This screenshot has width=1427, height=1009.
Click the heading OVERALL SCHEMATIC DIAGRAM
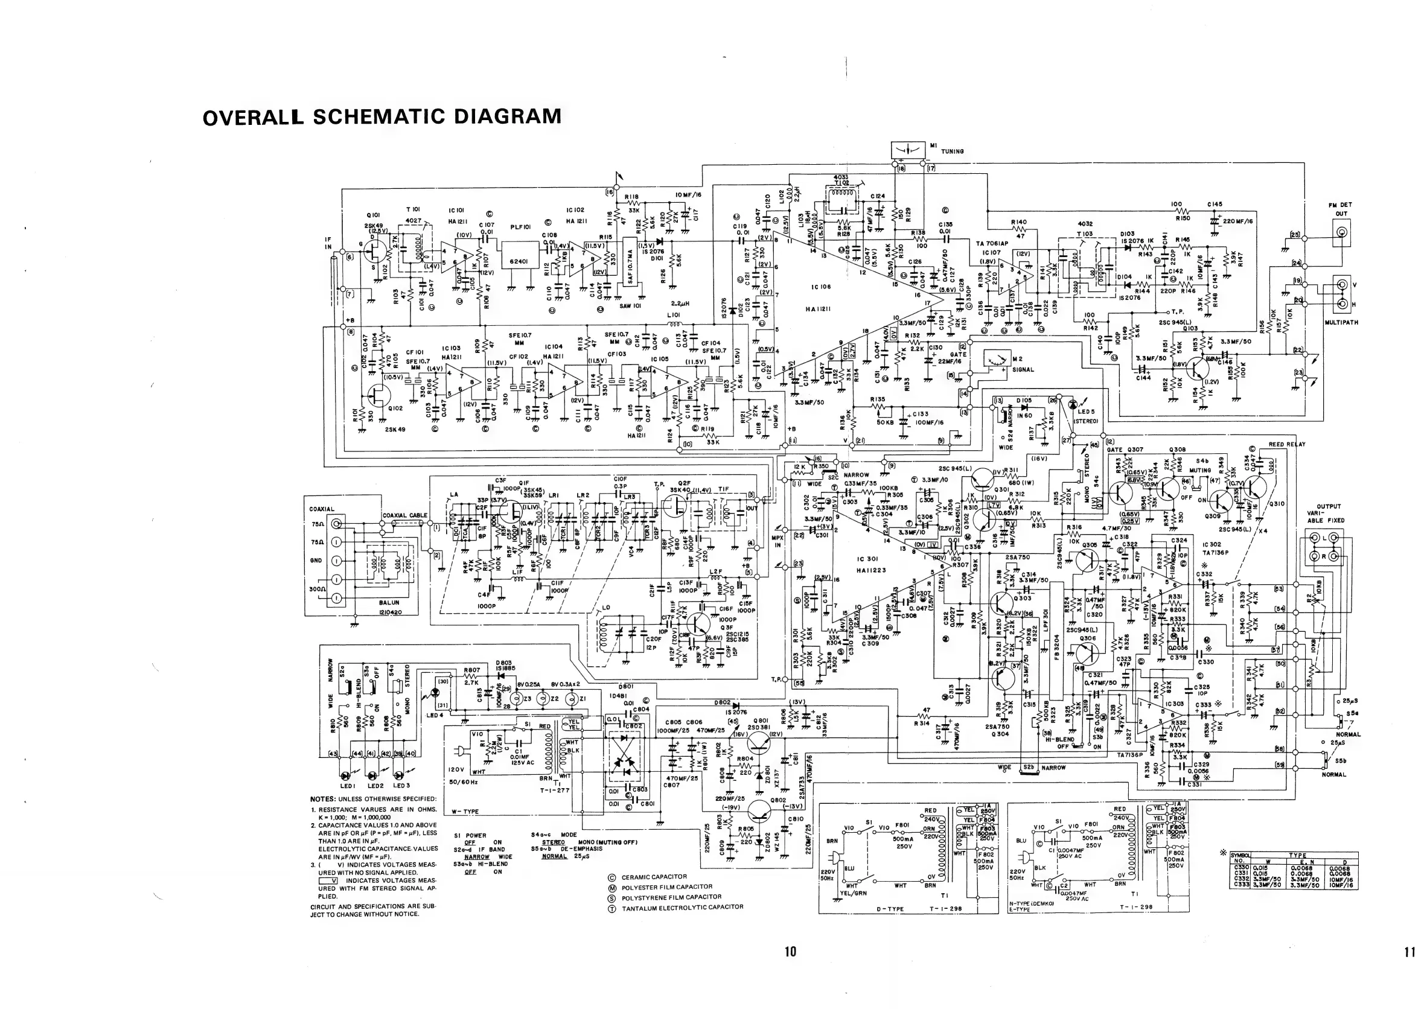pos(381,117)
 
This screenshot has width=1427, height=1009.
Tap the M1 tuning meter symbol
pos(908,151)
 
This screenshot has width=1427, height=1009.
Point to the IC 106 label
pos(820,287)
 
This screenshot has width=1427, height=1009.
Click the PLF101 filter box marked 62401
pos(519,262)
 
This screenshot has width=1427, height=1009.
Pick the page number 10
pos(790,951)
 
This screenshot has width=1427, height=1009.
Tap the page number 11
pos(1409,952)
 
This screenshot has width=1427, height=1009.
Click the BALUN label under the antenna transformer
pos(389,603)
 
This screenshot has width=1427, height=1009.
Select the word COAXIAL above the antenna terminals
pos(321,509)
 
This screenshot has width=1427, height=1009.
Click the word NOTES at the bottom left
pos(323,799)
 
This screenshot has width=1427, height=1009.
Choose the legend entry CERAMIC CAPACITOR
pos(654,877)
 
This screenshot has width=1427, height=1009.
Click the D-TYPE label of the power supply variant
pos(890,909)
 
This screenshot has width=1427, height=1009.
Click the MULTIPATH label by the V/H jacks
pos(1342,322)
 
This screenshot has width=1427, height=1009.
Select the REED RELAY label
pos(1286,444)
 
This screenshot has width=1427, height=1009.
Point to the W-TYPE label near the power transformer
pos(465,812)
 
